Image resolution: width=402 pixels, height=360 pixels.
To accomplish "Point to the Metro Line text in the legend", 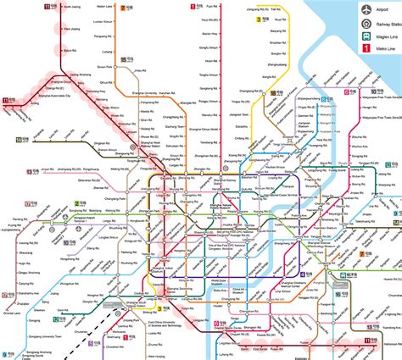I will click(x=387, y=58).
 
